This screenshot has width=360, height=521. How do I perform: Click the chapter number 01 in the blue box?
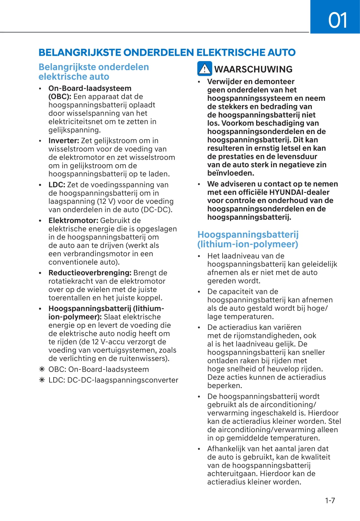337,20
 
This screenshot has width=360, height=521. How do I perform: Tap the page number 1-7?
330,500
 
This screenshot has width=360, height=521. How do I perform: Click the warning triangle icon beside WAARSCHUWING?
205,69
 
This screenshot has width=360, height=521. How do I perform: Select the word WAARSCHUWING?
253,69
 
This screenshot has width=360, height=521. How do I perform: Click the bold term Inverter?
64,140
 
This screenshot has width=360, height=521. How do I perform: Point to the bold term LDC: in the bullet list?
57,185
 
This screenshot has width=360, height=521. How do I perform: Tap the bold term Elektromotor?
73,220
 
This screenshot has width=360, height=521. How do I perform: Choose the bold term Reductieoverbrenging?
90,273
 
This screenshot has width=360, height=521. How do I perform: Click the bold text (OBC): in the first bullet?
60,97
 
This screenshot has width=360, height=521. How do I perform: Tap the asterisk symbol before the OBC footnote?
42,369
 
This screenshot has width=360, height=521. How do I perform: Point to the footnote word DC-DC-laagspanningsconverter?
123,380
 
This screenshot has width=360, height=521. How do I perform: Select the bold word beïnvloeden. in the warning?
230,173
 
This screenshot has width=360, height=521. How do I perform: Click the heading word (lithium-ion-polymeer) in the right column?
248,244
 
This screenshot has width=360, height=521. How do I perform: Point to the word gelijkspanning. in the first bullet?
74,130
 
